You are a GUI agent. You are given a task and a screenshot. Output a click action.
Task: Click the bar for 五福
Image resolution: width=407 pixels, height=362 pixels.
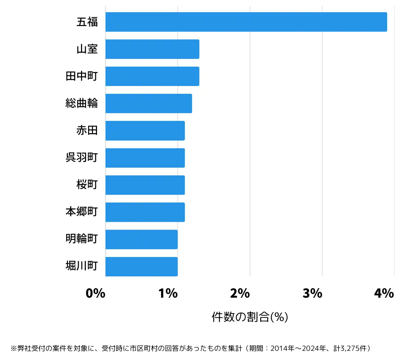click(x=246, y=22)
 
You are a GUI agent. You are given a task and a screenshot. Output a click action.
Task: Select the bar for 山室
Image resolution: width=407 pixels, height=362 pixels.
click(x=152, y=49)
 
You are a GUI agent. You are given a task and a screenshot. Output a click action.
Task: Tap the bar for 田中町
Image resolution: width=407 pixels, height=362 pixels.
click(x=152, y=76)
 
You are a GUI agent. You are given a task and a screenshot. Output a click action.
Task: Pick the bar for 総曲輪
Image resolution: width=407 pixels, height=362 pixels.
click(x=149, y=103)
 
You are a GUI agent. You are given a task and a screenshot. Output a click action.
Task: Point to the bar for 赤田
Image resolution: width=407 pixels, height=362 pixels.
click(x=145, y=130)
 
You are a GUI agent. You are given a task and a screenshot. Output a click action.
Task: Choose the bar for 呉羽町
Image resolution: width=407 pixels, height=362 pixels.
click(x=145, y=158)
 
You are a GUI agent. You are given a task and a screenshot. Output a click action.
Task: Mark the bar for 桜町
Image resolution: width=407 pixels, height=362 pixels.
click(x=145, y=185)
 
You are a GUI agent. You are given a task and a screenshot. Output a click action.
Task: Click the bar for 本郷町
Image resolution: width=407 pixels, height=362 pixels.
click(x=145, y=212)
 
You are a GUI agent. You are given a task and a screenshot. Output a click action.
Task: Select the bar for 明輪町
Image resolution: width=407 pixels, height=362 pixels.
click(x=141, y=239)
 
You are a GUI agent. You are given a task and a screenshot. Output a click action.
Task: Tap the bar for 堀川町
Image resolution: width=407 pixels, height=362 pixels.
click(x=141, y=267)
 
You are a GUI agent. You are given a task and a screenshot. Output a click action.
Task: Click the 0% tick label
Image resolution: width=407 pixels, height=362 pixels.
click(x=95, y=293)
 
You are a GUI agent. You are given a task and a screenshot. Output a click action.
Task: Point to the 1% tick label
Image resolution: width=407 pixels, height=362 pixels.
click(x=168, y=293)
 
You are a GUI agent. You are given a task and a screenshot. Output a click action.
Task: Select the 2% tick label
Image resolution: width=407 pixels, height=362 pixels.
click(x=240, y=293)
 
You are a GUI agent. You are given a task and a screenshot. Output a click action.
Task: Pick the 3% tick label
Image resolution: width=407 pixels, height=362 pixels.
click(x=312, y=293)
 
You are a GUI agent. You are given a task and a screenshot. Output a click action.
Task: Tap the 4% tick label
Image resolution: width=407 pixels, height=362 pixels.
click(x=384, y=293)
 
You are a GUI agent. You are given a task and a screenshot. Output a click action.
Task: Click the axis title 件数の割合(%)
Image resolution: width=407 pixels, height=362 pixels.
click(x=250, y=317)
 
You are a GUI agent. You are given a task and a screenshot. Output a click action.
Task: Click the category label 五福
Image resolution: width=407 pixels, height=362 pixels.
click(x=87, y=22)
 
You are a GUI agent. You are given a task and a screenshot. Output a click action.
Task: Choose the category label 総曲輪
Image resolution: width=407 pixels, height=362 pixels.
click(x=82, y=103)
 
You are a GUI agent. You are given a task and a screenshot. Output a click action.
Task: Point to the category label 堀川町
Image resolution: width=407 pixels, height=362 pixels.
click(x=82, y=266)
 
